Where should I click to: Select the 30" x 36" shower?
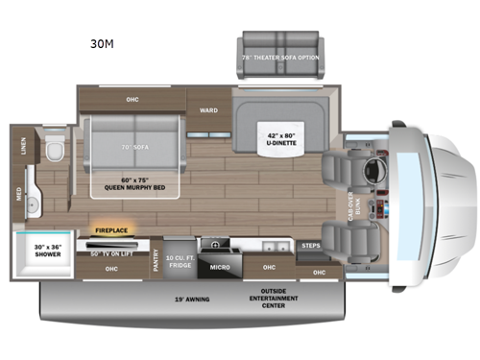click(x=43, y=252)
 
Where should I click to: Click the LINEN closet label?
click(x=22, y=145)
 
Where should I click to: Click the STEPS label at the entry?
click(x=309, y=246)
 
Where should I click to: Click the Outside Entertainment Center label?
click(x=273, y=295)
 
